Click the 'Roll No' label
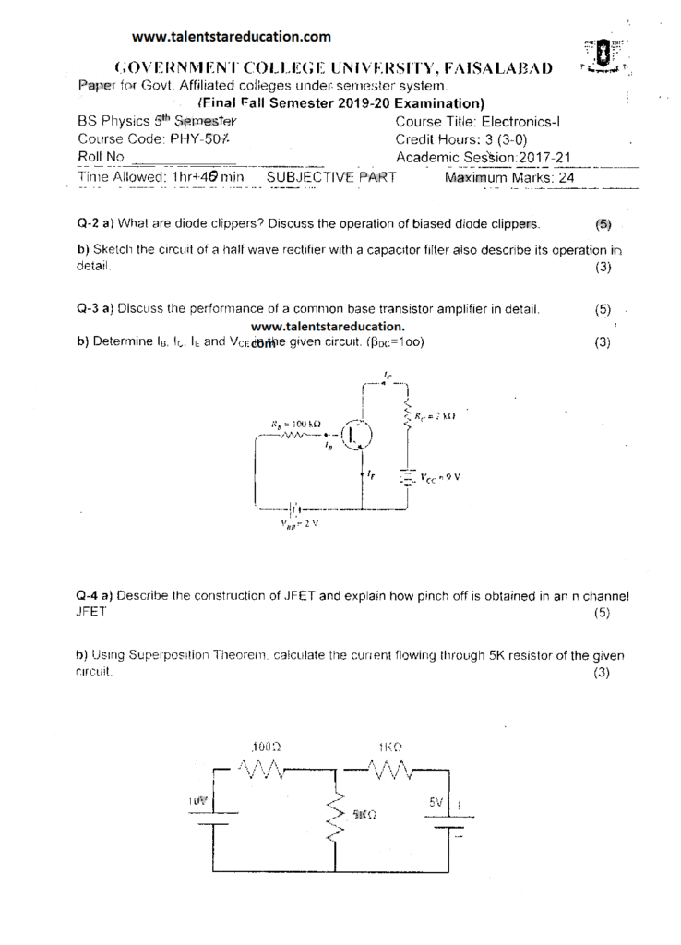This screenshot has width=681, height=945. (x=102, y=157)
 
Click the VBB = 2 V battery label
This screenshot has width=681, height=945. (x=300, y=523)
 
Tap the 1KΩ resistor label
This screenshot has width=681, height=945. (x=388, y=746)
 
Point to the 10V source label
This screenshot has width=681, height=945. (x=197, y=802)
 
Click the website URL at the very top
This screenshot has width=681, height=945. (x=231, y=37)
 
